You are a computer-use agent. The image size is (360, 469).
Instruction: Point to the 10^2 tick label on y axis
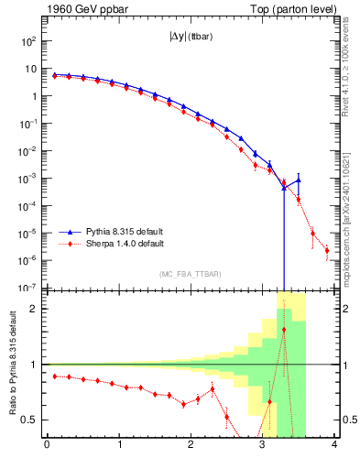coord(29,42)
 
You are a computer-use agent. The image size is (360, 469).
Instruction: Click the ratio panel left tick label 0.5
coord(31,420)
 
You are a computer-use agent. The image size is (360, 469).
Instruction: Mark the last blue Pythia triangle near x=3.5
coord(299,180)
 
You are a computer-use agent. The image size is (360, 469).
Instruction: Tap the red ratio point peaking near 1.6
coord(284,330)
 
